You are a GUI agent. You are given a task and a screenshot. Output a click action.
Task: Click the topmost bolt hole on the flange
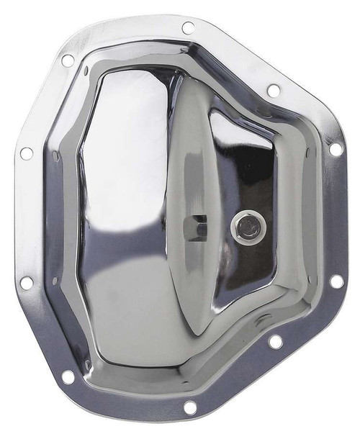189,27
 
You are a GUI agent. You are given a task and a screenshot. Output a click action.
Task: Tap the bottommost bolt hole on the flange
190,407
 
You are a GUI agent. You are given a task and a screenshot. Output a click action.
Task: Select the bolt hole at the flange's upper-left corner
68,60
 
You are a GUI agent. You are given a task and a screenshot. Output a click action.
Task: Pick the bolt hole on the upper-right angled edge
274,91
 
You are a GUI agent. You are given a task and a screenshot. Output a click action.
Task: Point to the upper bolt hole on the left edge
27,153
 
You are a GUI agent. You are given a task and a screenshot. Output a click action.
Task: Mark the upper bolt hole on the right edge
336,150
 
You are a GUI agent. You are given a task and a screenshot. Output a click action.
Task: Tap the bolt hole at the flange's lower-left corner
68,376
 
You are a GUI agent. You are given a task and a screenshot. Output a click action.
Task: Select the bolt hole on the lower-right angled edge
275,342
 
